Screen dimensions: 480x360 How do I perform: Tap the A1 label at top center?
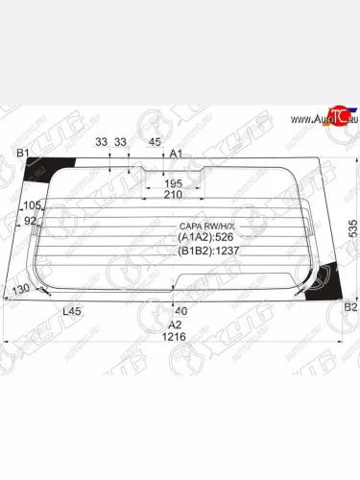[x=177, y=154]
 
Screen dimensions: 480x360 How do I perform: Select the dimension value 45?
[x=155, y=142]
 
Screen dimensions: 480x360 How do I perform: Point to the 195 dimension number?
[x=173, y=183]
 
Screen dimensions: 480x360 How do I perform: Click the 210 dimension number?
[x=173, y=195]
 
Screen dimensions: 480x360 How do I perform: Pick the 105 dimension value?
[x=31, y=205]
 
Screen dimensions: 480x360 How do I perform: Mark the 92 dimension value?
[x=29, y=221]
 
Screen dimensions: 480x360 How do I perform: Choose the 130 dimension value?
[x=19, y=289]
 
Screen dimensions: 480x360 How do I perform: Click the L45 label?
[x=71, y=311]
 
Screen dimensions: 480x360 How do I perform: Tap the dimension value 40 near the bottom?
[x=181, y=310]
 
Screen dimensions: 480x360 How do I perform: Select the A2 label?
[x=175, y=324]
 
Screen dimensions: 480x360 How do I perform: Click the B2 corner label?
[x=350, y=307]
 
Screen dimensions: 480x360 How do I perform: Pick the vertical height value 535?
[x=352, y=227]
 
